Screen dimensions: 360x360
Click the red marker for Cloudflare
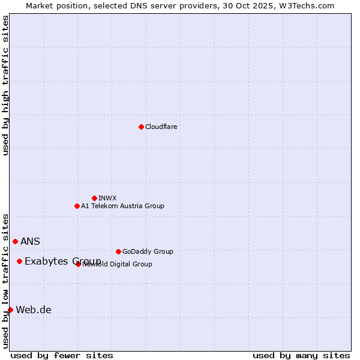tap(141, 127)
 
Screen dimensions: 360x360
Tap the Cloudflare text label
tap(161, 127)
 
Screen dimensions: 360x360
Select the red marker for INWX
tap(94, 198)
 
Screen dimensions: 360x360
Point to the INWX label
tap(107, 198)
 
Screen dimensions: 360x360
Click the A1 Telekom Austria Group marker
tap(77, 206)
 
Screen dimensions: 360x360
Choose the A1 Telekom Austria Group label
tap(122, 206)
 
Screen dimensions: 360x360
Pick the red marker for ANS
tap(15, 241)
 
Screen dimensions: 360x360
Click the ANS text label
tap(30, 242)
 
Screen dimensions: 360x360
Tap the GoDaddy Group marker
tap(118, 251)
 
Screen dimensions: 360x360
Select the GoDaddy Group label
tap(148, 251)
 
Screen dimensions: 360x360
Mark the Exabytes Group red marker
tap(19, 261)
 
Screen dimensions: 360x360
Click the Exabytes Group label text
tap(62, 261)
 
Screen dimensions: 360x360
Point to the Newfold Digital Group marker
tap(79, 264)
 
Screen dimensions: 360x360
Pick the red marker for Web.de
tap(10, 310)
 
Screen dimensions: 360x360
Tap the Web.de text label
tap(34, 310)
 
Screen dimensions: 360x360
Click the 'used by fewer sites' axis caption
tap(62, 356)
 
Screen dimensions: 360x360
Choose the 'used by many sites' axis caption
tap(301, 356)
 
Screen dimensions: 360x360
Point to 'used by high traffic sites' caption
tap(6, 85)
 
